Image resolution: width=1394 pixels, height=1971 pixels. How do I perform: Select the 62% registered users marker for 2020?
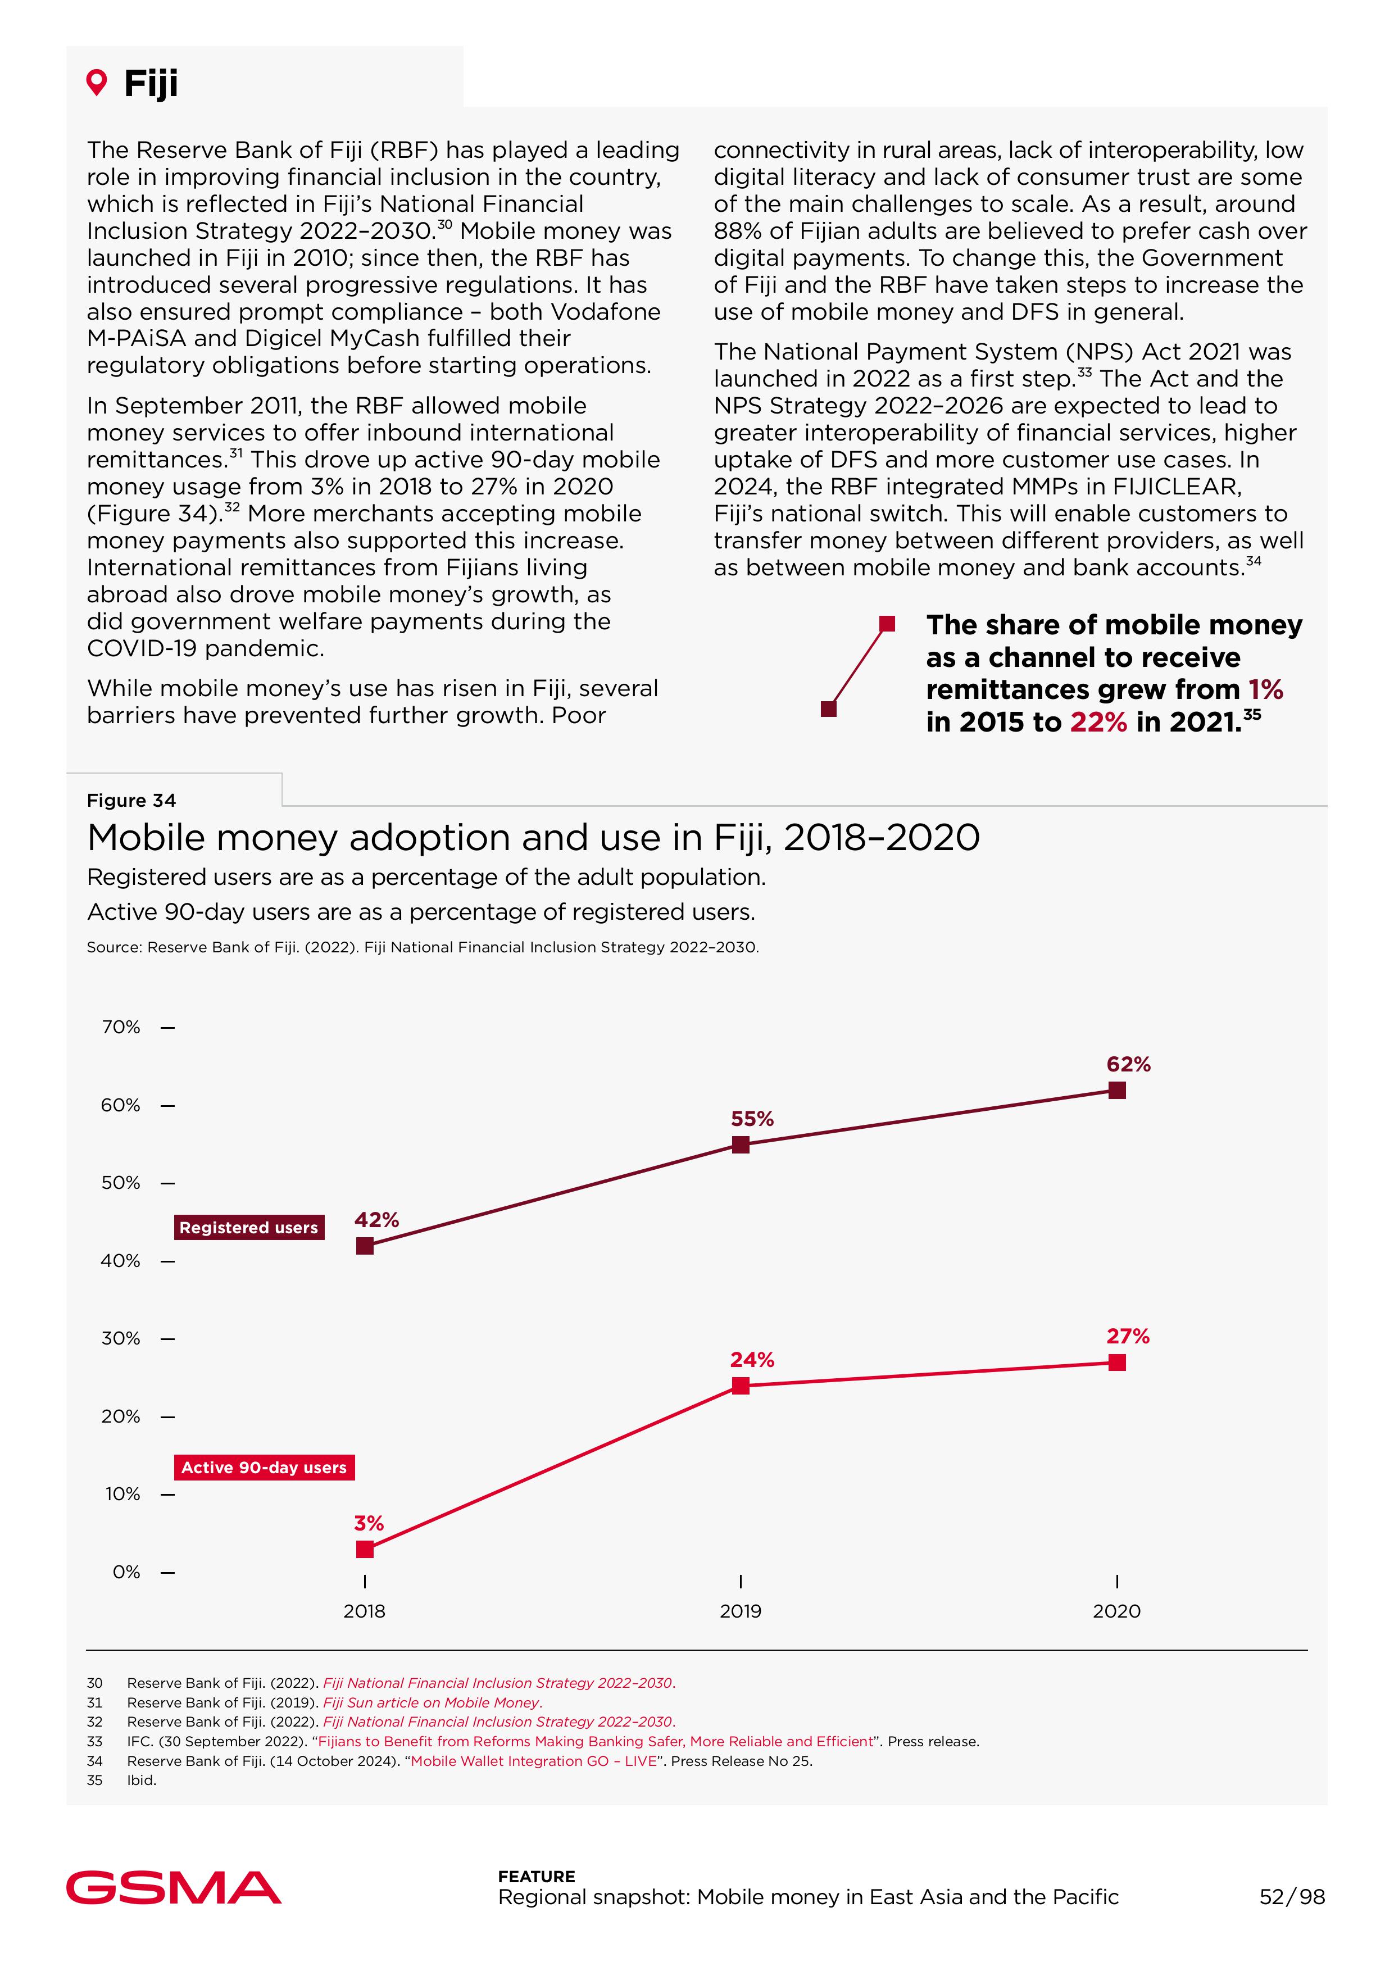(1117, 1090)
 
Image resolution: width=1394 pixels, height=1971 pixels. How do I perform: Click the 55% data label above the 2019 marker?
(752, 1119)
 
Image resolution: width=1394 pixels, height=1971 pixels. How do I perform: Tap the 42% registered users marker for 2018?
(365, 1246)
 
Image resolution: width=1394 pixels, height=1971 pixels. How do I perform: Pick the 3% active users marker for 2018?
(365, 1548)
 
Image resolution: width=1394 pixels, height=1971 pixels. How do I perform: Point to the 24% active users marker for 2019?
(741, 1386)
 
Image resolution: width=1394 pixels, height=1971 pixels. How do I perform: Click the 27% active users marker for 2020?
(1117, 1363)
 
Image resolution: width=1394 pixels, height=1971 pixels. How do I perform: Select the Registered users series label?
(249, 1228)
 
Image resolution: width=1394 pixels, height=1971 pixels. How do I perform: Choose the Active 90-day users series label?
(264, 1467)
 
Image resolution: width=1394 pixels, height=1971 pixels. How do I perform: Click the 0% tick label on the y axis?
(126, 1572)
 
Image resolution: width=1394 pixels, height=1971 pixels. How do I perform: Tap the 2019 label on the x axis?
(741, 1611)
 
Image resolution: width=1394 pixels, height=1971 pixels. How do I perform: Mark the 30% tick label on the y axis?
(121, 1338)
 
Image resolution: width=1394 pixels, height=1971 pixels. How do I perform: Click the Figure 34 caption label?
(131, 800)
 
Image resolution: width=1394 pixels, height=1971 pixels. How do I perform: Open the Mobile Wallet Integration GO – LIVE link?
(533, 1761)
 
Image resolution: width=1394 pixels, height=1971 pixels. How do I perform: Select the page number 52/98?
(1292, 1896)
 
